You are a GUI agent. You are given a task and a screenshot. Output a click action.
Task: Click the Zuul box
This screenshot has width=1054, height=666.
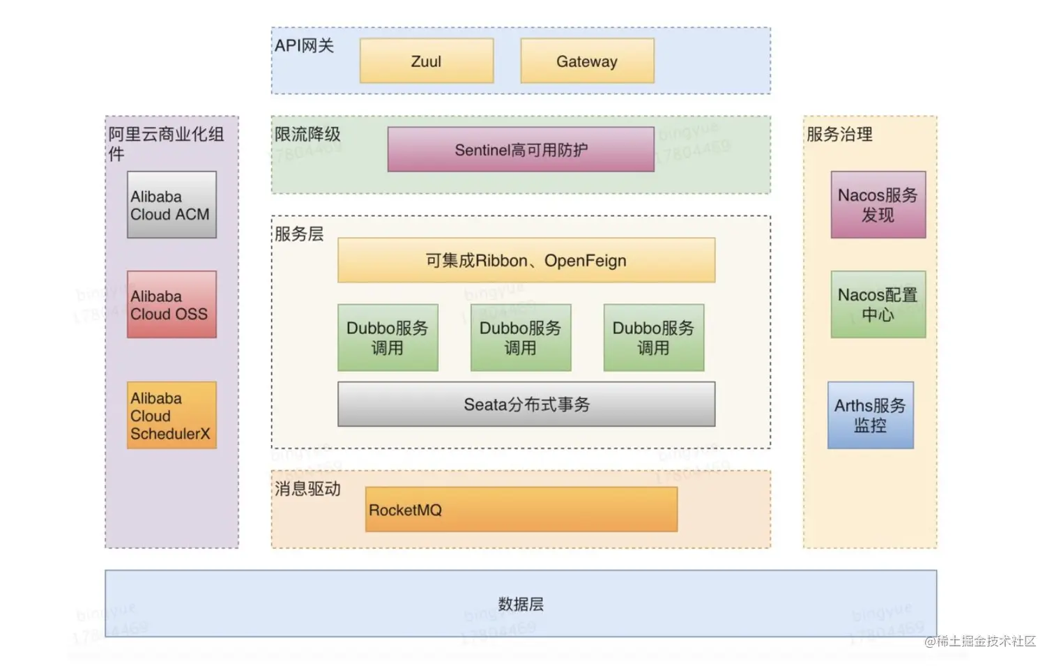[x=427, y=61]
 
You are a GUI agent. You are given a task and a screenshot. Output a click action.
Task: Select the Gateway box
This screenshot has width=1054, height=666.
[x=587, y=61]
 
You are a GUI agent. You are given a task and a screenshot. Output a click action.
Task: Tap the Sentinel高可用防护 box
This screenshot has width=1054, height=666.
[x=521, y=149]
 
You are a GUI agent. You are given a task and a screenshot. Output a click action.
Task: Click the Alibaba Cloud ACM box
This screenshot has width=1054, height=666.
[x=171, y=205]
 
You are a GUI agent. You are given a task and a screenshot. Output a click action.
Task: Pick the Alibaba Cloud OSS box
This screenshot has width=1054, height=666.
[x=171, y=305]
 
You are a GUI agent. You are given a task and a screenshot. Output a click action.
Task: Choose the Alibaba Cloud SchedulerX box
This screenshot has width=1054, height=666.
[x=171, y=415]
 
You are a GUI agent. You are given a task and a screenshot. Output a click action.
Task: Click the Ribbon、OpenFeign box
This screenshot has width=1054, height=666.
[x=526, y=260]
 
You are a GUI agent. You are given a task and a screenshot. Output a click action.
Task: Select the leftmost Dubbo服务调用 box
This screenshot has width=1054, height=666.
[x=388, y=338]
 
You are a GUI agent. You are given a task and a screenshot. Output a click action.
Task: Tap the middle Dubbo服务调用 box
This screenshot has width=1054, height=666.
[x=521, y=338]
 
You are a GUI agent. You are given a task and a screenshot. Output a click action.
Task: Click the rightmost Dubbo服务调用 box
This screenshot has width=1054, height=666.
[x=654, y=338]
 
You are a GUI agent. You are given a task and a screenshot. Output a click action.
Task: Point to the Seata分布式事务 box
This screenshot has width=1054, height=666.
[x=526, y=404]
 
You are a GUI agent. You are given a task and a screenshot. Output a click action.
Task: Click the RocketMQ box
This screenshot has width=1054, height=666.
[x=521, y=510]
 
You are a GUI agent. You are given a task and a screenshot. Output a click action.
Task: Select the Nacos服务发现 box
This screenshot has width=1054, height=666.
[x=878, y=205]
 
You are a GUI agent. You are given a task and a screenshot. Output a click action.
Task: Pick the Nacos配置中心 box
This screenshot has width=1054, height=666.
[x=878, y=305]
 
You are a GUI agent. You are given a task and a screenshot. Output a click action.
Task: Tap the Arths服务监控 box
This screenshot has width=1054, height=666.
[x=871, y=415]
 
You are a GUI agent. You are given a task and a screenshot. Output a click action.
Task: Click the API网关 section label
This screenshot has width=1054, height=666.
[x=304, y=46]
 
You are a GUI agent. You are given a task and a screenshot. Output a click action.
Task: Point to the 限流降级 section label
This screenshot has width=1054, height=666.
[x=307, y=134]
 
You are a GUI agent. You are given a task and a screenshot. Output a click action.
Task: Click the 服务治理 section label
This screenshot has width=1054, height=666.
[x=839, y=134]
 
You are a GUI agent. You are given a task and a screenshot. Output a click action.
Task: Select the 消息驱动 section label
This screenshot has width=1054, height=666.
[x=307, y=488]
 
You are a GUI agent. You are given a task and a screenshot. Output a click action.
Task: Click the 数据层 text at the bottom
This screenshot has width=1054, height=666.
[x=521, y=604]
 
